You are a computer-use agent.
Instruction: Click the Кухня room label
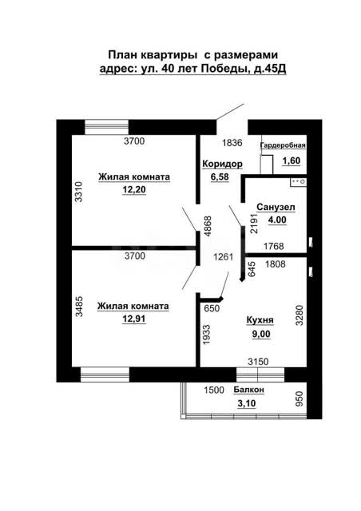pyautogui.click(x=260, y=320)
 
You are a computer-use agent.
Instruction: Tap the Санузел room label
pyautogui.click(x=276, y=207)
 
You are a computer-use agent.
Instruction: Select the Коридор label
pyautogui.click(x=222, y=164)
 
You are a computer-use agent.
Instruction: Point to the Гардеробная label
pyautogui.click(x=283, y=145)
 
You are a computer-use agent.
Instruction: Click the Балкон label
pyautogui.click(x=249, y=390)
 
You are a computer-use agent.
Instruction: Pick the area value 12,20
pyautogui.click(x=134, y=189)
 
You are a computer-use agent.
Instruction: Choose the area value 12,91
pyautogui.click(x=134, y=319)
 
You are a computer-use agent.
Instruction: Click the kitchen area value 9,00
pyautogui.click(x=261, y=334)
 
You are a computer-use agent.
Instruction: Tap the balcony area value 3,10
pyautogui.click(x=247, y=403)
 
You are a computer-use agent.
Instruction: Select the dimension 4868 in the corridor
pyautogui.click(x=208, y=226)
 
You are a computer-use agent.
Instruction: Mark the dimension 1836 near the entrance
pyautogui.click(x=232, y=143)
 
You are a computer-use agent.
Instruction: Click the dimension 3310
pyautogui.click(x=78, y=192)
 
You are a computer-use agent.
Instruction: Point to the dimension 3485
pyautogui.click(x=79, y=307)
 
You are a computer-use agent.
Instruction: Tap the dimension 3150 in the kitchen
pyautogui.click(x=258, y=362)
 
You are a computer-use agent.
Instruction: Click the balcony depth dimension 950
pyautogui.click(x=299, y=398)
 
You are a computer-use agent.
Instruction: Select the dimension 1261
pyautogui.click(x=224, y=257)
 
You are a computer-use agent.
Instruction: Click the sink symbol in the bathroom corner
pyautogui.click(x=299, y=182)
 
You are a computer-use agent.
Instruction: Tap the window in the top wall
pyautogui.click(x=107, y=127)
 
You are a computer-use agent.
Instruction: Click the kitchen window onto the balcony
pyautogui.click(x=260, y=374)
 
